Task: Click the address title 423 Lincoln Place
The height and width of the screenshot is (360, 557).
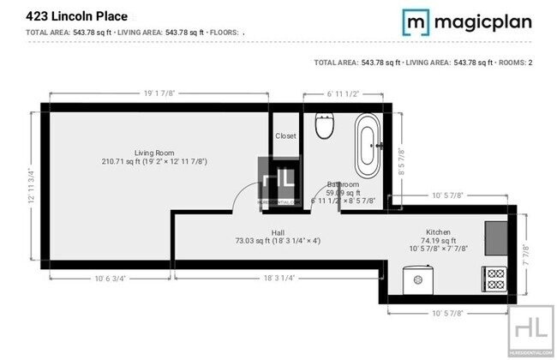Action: pos(77,15)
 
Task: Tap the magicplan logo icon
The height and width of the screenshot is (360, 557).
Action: pos(416,21)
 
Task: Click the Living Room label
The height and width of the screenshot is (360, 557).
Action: pos(154,152)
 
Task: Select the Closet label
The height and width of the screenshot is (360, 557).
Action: pos(285,135)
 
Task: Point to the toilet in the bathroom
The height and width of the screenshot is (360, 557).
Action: pos(324,126)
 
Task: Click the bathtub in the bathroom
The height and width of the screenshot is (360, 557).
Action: pos(369,146)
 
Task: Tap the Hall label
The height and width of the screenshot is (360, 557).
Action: pos(278,232)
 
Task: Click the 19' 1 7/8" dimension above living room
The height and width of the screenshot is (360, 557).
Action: pos(159,94)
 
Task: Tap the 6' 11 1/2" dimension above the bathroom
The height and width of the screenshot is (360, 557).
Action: pos(343,94)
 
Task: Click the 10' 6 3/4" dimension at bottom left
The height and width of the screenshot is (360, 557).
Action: pos(111,277)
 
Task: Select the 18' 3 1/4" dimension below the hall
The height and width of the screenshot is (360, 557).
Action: pos(279,277)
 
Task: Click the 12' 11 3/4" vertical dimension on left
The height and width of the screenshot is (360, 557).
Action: pos(33,185)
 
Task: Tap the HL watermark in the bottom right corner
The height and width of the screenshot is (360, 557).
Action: pos(531,329)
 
